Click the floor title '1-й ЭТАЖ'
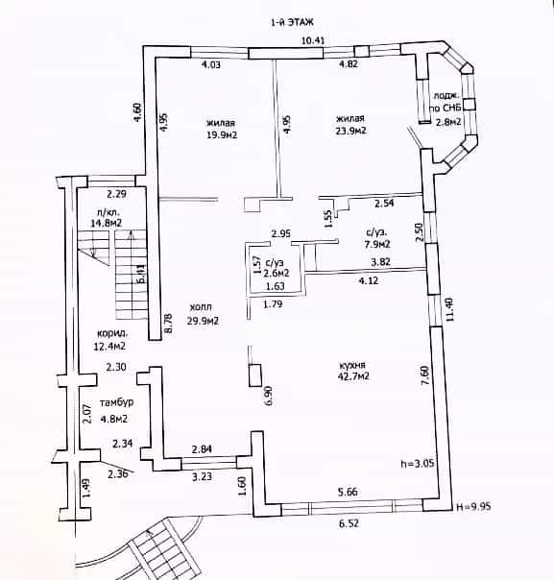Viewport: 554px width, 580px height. [292, 22]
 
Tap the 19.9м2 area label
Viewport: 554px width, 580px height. [222, 135]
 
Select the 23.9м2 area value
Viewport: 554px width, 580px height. [350, 131]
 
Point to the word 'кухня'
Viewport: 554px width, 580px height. [352, 365]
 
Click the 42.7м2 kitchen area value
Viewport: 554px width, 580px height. [354, 376]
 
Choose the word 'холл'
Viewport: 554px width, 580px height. [201, 307]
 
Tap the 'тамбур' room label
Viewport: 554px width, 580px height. [116, 402]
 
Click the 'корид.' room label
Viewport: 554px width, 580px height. [112, 333]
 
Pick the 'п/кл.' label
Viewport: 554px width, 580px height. [107, 212]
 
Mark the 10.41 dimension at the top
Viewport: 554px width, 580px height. [313, 40]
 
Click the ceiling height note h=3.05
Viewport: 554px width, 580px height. [418, 464]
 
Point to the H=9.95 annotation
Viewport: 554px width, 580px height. [473, 506]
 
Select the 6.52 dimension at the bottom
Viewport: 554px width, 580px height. [349, 523]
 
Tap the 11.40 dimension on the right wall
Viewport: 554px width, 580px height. [449, 309]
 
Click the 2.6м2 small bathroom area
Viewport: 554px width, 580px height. [277, 274]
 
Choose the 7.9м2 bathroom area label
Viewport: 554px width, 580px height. [377, 244]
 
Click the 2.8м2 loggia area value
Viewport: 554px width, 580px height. [448, 122]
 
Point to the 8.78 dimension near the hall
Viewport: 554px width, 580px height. [168, 324]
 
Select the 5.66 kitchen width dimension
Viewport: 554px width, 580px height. [348, 492]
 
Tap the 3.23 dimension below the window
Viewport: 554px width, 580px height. [202, 476]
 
